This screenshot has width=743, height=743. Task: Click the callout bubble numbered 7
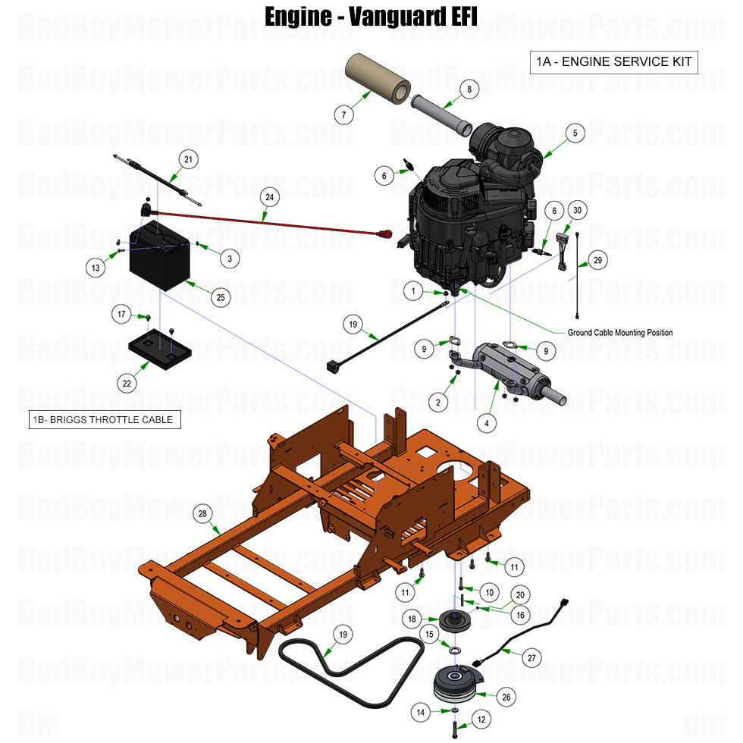343,115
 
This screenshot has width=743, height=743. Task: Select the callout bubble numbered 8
469,89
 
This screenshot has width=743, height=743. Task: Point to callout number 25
221,298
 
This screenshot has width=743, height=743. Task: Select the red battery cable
265,220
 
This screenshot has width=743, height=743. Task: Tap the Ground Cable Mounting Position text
619,333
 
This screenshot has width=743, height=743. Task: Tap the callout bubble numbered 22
127,384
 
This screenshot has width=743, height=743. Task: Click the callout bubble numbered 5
575,133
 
